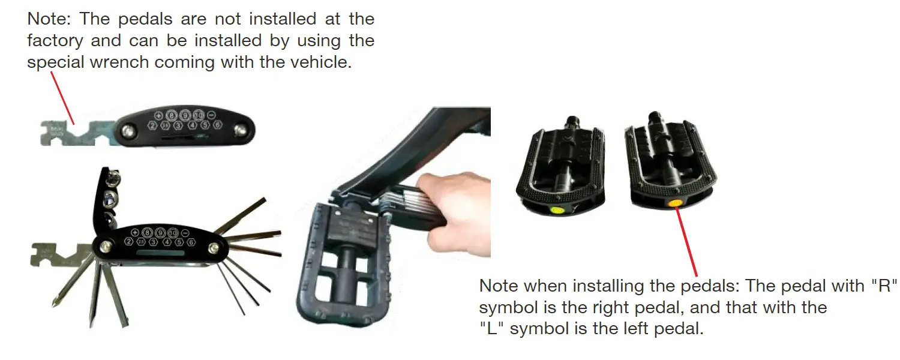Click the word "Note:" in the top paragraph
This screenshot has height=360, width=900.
click(50, 19)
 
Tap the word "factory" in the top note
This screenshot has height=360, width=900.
click(58, 41)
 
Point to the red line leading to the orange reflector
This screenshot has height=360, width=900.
click(688, 240)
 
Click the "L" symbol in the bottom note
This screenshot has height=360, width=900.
click(490, 329)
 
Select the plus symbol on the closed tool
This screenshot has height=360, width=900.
click(158, 115)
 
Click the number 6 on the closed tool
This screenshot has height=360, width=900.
click(217, 125)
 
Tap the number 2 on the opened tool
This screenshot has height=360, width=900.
click(129, 242)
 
